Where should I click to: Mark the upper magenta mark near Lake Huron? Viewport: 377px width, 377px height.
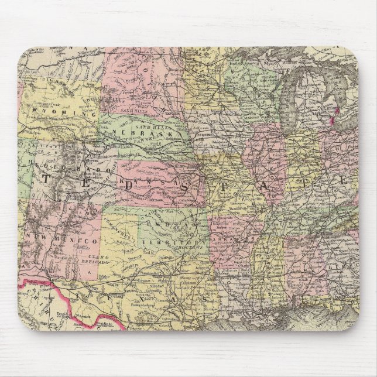tap(337, 109)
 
